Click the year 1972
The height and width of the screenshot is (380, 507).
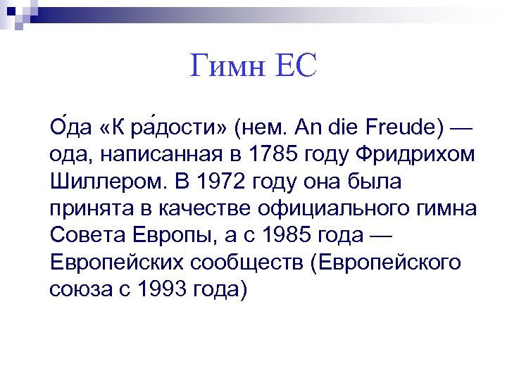[x=223, y=182]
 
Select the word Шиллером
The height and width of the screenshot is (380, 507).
[x=104, y=182]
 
